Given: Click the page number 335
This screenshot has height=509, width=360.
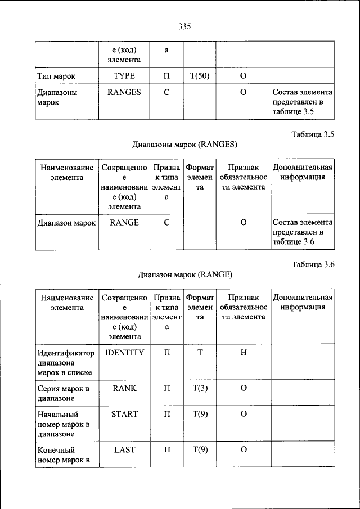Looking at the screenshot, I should (184, 25).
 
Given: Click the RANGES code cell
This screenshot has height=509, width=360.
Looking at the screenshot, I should (124, 92).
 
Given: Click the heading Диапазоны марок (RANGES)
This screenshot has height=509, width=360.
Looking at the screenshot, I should (184, 145).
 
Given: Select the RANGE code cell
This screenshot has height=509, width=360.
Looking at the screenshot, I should (124, 223).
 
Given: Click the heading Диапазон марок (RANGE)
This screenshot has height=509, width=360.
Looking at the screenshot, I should (184, 275).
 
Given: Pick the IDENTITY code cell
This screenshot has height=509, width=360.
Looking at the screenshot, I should (124, 353).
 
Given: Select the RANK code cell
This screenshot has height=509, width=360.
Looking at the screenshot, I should (124, 388).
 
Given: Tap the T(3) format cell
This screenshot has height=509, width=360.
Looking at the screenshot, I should (200, 388).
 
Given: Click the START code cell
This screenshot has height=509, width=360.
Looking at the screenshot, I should (124, 414).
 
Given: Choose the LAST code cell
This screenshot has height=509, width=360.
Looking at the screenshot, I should (124, 449).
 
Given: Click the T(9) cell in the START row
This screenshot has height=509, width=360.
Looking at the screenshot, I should (200, 414).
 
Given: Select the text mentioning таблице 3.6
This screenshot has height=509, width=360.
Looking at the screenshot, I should (303, 232).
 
